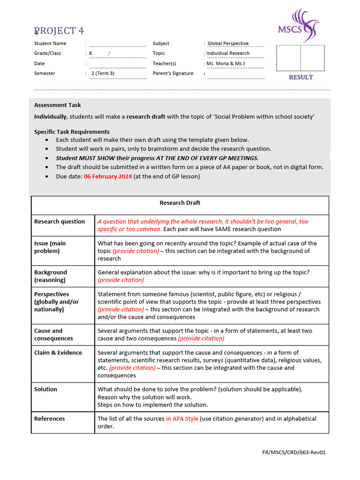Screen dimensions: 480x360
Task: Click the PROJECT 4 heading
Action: tap(59, 31)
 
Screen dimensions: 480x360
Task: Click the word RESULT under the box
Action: tap(300, 77)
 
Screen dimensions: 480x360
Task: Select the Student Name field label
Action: tap(50, 44)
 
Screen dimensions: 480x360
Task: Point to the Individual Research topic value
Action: tap(228, 53)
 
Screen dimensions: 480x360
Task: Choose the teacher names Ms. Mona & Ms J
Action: tap(225, 63)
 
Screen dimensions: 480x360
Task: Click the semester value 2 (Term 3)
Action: tap(103, 74)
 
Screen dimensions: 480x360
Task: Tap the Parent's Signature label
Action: tap(173, 74)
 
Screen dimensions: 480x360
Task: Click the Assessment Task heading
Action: tap(57, 105)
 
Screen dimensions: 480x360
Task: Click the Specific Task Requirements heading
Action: tap(72, 132)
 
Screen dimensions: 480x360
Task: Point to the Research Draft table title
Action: tap(180, 203)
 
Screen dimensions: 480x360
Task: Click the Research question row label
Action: tap(60, 222)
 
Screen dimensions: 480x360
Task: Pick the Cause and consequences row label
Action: tap(53, 335)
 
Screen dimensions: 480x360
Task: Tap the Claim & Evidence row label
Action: tap(58, 353)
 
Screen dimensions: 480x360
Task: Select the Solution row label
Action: tap(45, 390)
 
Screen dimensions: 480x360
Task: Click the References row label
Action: tap(49, 419)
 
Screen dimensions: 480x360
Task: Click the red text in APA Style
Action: tap(182, 419)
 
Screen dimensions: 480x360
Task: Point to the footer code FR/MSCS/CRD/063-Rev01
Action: tap(293, 453)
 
